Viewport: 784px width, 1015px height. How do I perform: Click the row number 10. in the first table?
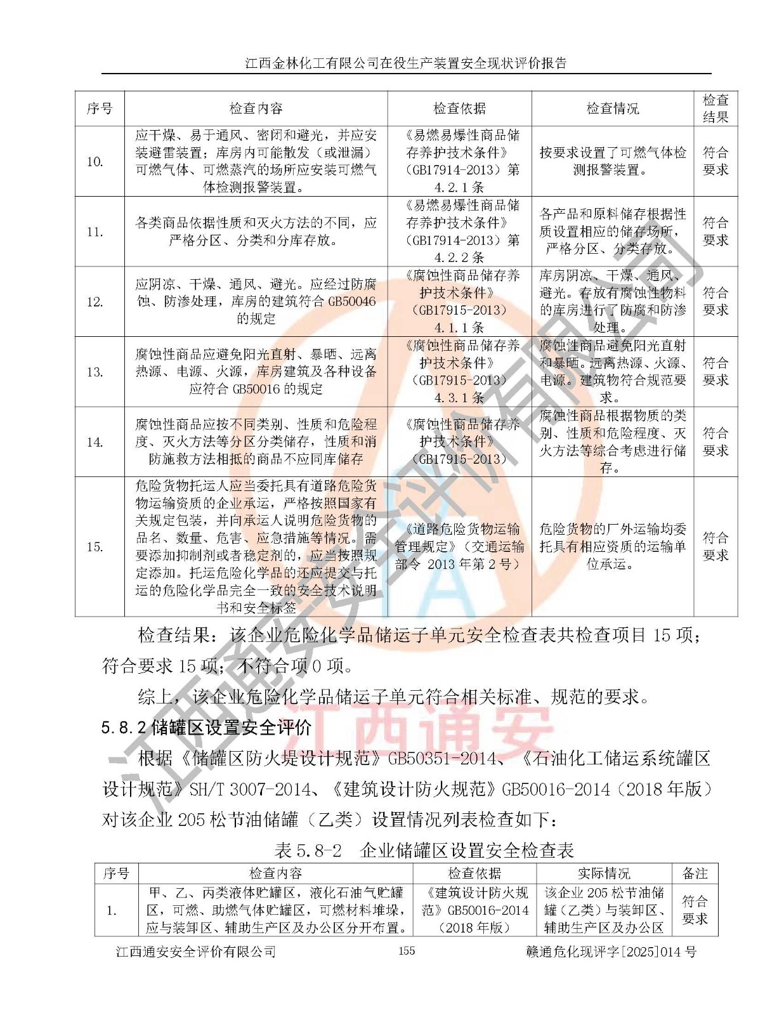95,162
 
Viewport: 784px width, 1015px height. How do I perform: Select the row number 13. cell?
95,372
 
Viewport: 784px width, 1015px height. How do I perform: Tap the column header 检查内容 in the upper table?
256,108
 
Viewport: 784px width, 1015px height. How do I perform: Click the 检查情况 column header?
612,108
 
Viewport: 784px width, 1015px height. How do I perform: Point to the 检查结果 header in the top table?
715,108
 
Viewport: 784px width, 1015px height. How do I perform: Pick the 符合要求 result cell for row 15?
715,546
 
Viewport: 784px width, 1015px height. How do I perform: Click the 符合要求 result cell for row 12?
715,301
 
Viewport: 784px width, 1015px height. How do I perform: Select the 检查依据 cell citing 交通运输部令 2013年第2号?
459,546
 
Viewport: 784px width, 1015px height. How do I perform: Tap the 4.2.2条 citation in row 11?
459,258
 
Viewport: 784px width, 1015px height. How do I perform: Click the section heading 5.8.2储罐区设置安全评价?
206,728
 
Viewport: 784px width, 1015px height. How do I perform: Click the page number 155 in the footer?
406,950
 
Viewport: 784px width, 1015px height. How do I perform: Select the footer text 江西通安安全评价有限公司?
195,952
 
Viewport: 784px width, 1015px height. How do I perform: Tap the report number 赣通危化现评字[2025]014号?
611,952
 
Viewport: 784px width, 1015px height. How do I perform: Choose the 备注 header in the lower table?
695,874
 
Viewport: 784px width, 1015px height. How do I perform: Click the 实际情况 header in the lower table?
604,874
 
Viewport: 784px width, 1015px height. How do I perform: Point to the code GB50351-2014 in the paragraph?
442,759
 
